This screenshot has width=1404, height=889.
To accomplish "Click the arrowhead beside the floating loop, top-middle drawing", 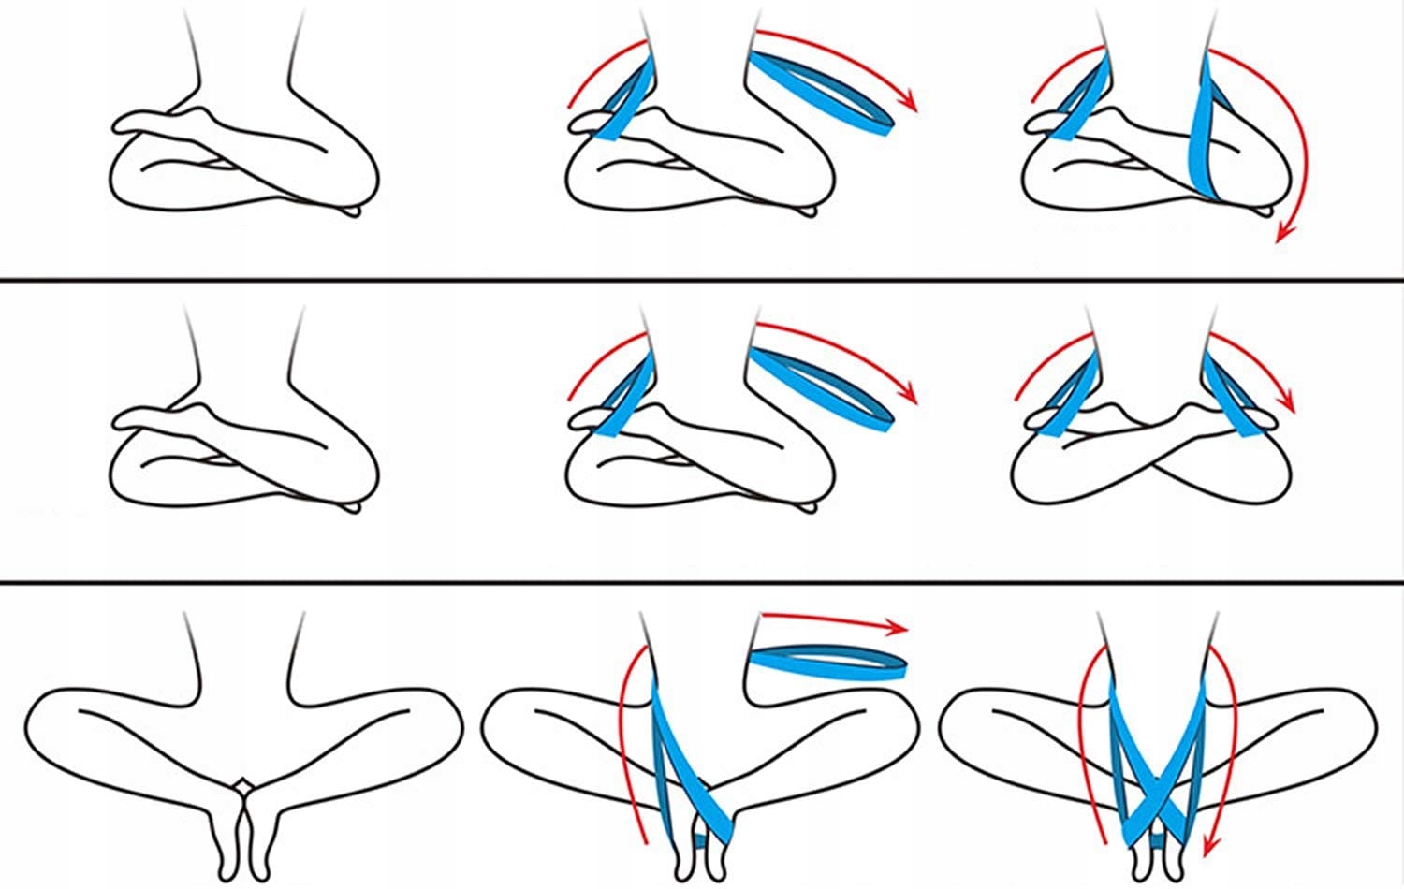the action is pyautogui.click(x=908, y=104).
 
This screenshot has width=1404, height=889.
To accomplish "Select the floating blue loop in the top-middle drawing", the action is pyautogui.click(x=824, y=94).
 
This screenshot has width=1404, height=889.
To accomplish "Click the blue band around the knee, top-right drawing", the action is pyautogui.click(x=1203, y=140).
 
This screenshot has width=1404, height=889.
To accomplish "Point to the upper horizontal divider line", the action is pyautogui.click(x=702, y=279).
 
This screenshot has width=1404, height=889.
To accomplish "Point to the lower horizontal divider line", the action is pyautogui.click(x=702, y=584).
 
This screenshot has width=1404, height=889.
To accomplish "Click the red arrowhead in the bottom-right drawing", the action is pyautogui.click(x=1208, y=847).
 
